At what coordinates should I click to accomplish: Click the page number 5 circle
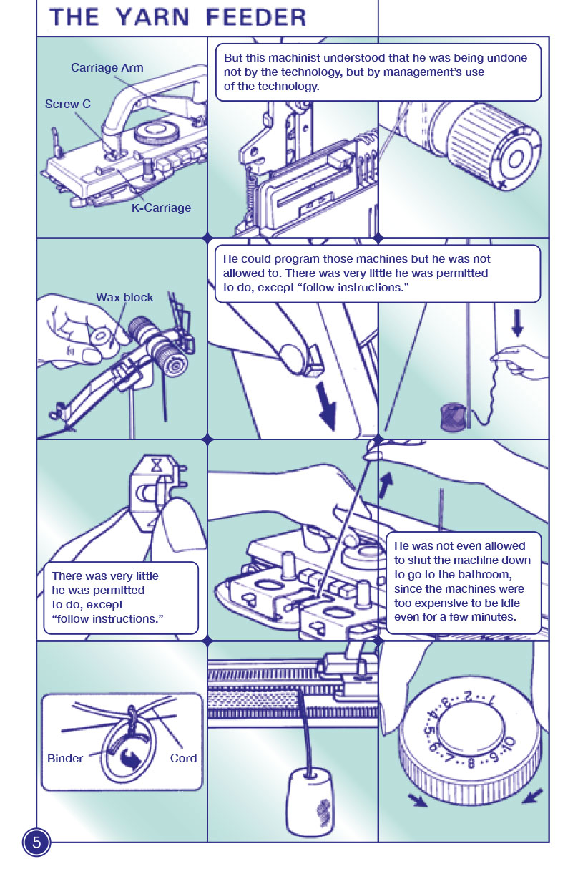click(x=36, y=842)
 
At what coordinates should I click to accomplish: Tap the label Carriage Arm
click(x=107, y=68)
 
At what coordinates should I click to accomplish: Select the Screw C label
click(x=68, y=105)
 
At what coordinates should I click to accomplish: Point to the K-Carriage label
click(x=161, y=208)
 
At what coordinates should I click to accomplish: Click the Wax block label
click(x=124, y=298)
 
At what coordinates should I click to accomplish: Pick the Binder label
click(x=65, y=759)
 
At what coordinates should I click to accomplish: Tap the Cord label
click(x=183, y=759)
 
